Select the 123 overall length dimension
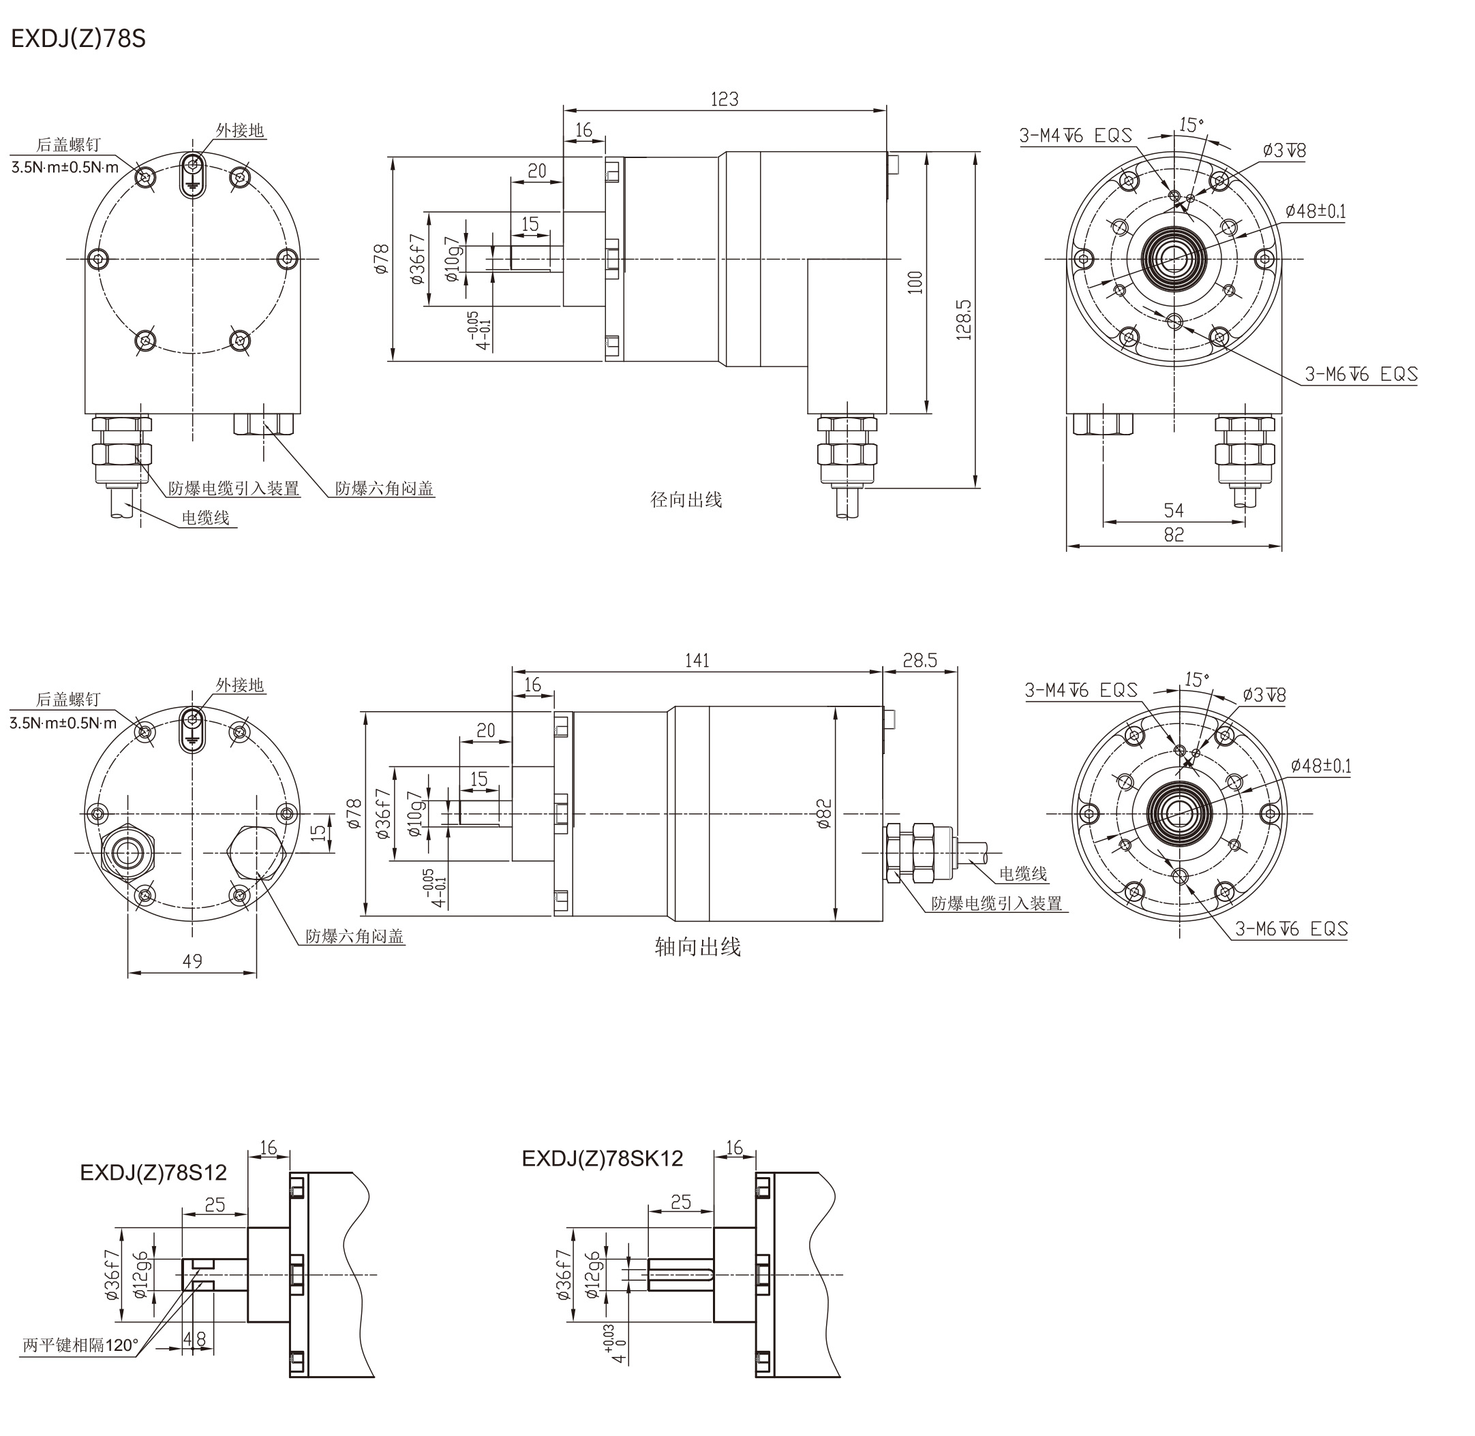(x=725, y=99)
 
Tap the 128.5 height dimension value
(x=964, y=319)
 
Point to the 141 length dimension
(x=697, y=661)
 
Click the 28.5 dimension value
(x=919, y=661)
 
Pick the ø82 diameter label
(x=824, y=815)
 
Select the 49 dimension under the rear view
(x=192, y=961)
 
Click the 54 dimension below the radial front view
(x=1174, y=511)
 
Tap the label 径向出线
(x=686, y=500)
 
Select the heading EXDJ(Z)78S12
(x=153, y=1172)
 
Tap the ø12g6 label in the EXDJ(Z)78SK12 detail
(x=593, y=1275)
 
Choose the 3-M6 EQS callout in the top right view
(x=1361, y=374)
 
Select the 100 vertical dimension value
(x=915, y=282)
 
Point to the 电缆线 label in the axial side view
(x=1023, y=873)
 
